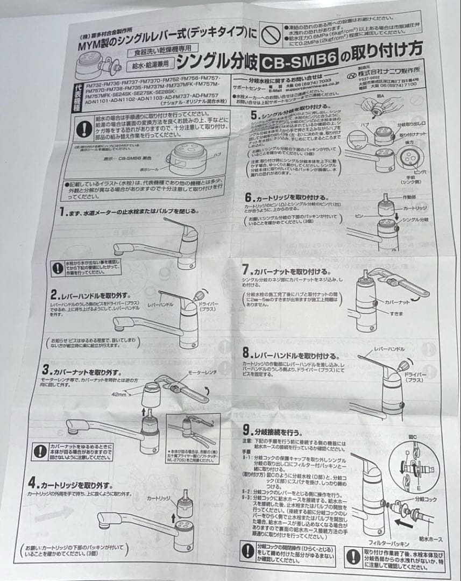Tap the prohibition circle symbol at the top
[x=268, y=34]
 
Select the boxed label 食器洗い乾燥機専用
[x=152, y=53]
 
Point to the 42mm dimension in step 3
[x=118, y=395]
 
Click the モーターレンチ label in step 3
[x=202, y=372]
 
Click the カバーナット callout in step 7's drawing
[x=397, y=302]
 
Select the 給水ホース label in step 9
[x=430, y=538]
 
